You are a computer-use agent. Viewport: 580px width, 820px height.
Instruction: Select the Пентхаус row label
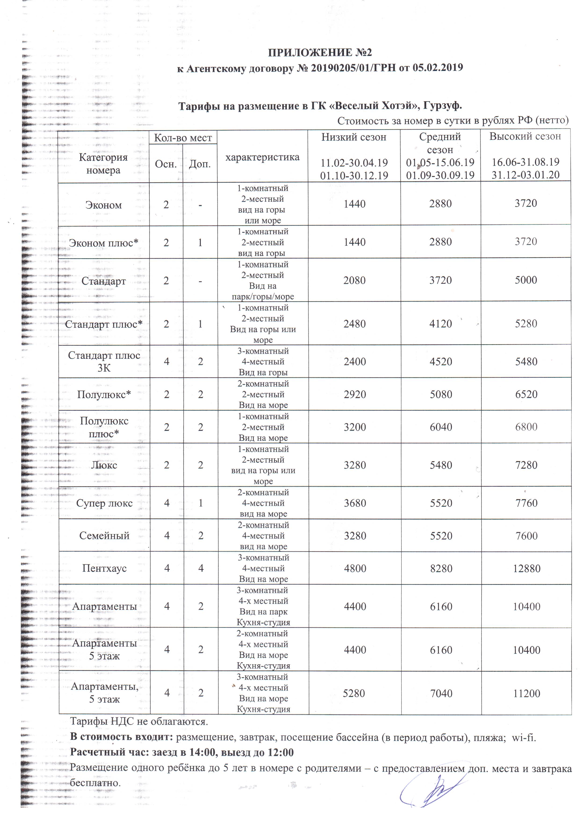click(104, 568)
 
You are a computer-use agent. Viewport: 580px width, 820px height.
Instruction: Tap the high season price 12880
click(526, 568)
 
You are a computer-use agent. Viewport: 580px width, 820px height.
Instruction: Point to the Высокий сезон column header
click(525, 137)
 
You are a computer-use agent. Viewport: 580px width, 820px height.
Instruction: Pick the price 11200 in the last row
click(526, 694)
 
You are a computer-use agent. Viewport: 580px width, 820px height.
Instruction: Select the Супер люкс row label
click(104, 503)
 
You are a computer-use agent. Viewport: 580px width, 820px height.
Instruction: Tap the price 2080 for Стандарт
click(354, 280)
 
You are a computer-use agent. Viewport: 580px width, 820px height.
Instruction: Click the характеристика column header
click(263, 157)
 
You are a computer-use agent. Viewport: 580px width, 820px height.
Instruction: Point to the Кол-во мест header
click(183, 138)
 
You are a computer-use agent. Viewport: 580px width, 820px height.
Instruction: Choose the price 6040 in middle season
click(441, 427)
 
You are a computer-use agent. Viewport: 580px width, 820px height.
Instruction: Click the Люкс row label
click(104, 465)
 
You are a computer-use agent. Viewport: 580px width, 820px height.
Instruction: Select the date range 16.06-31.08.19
click(525, 162)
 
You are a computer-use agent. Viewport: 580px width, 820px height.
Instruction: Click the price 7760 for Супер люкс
click(526, 503)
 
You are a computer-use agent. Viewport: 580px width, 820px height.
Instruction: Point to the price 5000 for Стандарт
click(526, 280)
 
